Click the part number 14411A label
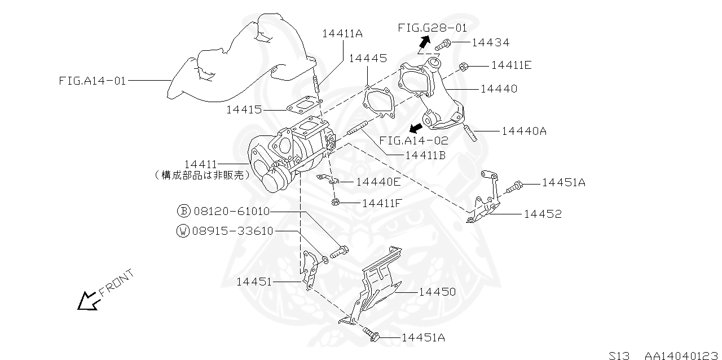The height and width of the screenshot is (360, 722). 342,33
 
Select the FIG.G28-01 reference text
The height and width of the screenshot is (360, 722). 433,28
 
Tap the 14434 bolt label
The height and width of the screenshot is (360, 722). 491,42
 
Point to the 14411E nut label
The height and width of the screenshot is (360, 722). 511,65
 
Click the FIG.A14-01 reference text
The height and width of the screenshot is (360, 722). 92,81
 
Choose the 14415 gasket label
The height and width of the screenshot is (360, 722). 244,109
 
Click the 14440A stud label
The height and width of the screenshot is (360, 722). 524,131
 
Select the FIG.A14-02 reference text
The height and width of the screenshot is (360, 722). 413,141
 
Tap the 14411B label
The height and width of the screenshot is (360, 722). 425,156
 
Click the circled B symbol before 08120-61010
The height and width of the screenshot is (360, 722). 184,211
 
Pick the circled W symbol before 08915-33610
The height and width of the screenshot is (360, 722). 183,231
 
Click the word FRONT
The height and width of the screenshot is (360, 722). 116,283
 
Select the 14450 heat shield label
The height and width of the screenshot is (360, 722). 437,292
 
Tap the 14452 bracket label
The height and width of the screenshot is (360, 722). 543,214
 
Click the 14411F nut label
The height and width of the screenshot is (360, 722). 382,203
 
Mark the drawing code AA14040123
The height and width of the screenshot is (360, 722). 681,355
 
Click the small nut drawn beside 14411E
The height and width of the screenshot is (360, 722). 463,67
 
